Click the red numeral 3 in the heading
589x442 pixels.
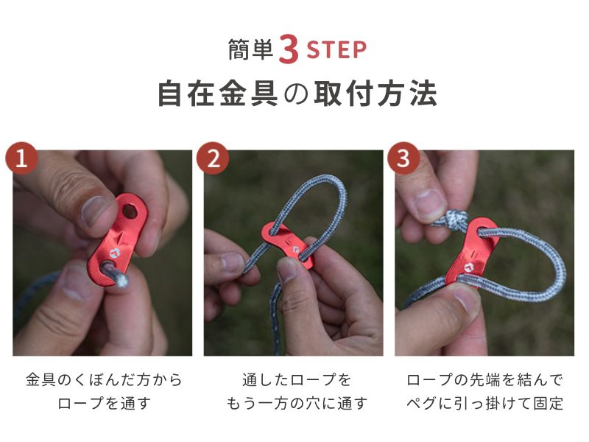coord(289,49)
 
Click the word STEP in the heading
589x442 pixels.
coord(336,51)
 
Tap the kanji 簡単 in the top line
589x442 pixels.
coord(250,50)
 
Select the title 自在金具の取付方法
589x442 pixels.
coord(297,94)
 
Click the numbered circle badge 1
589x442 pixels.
coord(21,158)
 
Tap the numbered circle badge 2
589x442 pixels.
coord(213,158)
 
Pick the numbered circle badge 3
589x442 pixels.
coord(403,158)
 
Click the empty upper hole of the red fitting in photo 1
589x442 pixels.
coord(130,211)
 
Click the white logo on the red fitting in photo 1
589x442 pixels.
coord(114,253)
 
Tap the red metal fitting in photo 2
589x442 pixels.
coord(287,245)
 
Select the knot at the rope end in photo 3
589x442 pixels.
coord(455,219)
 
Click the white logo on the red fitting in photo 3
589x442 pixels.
coord(468,267)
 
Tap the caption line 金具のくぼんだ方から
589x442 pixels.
coord(104,379)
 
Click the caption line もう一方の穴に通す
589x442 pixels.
coord(297,403)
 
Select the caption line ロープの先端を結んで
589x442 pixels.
coord(484,379)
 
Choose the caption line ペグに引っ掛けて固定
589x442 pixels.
coord(484,403)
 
